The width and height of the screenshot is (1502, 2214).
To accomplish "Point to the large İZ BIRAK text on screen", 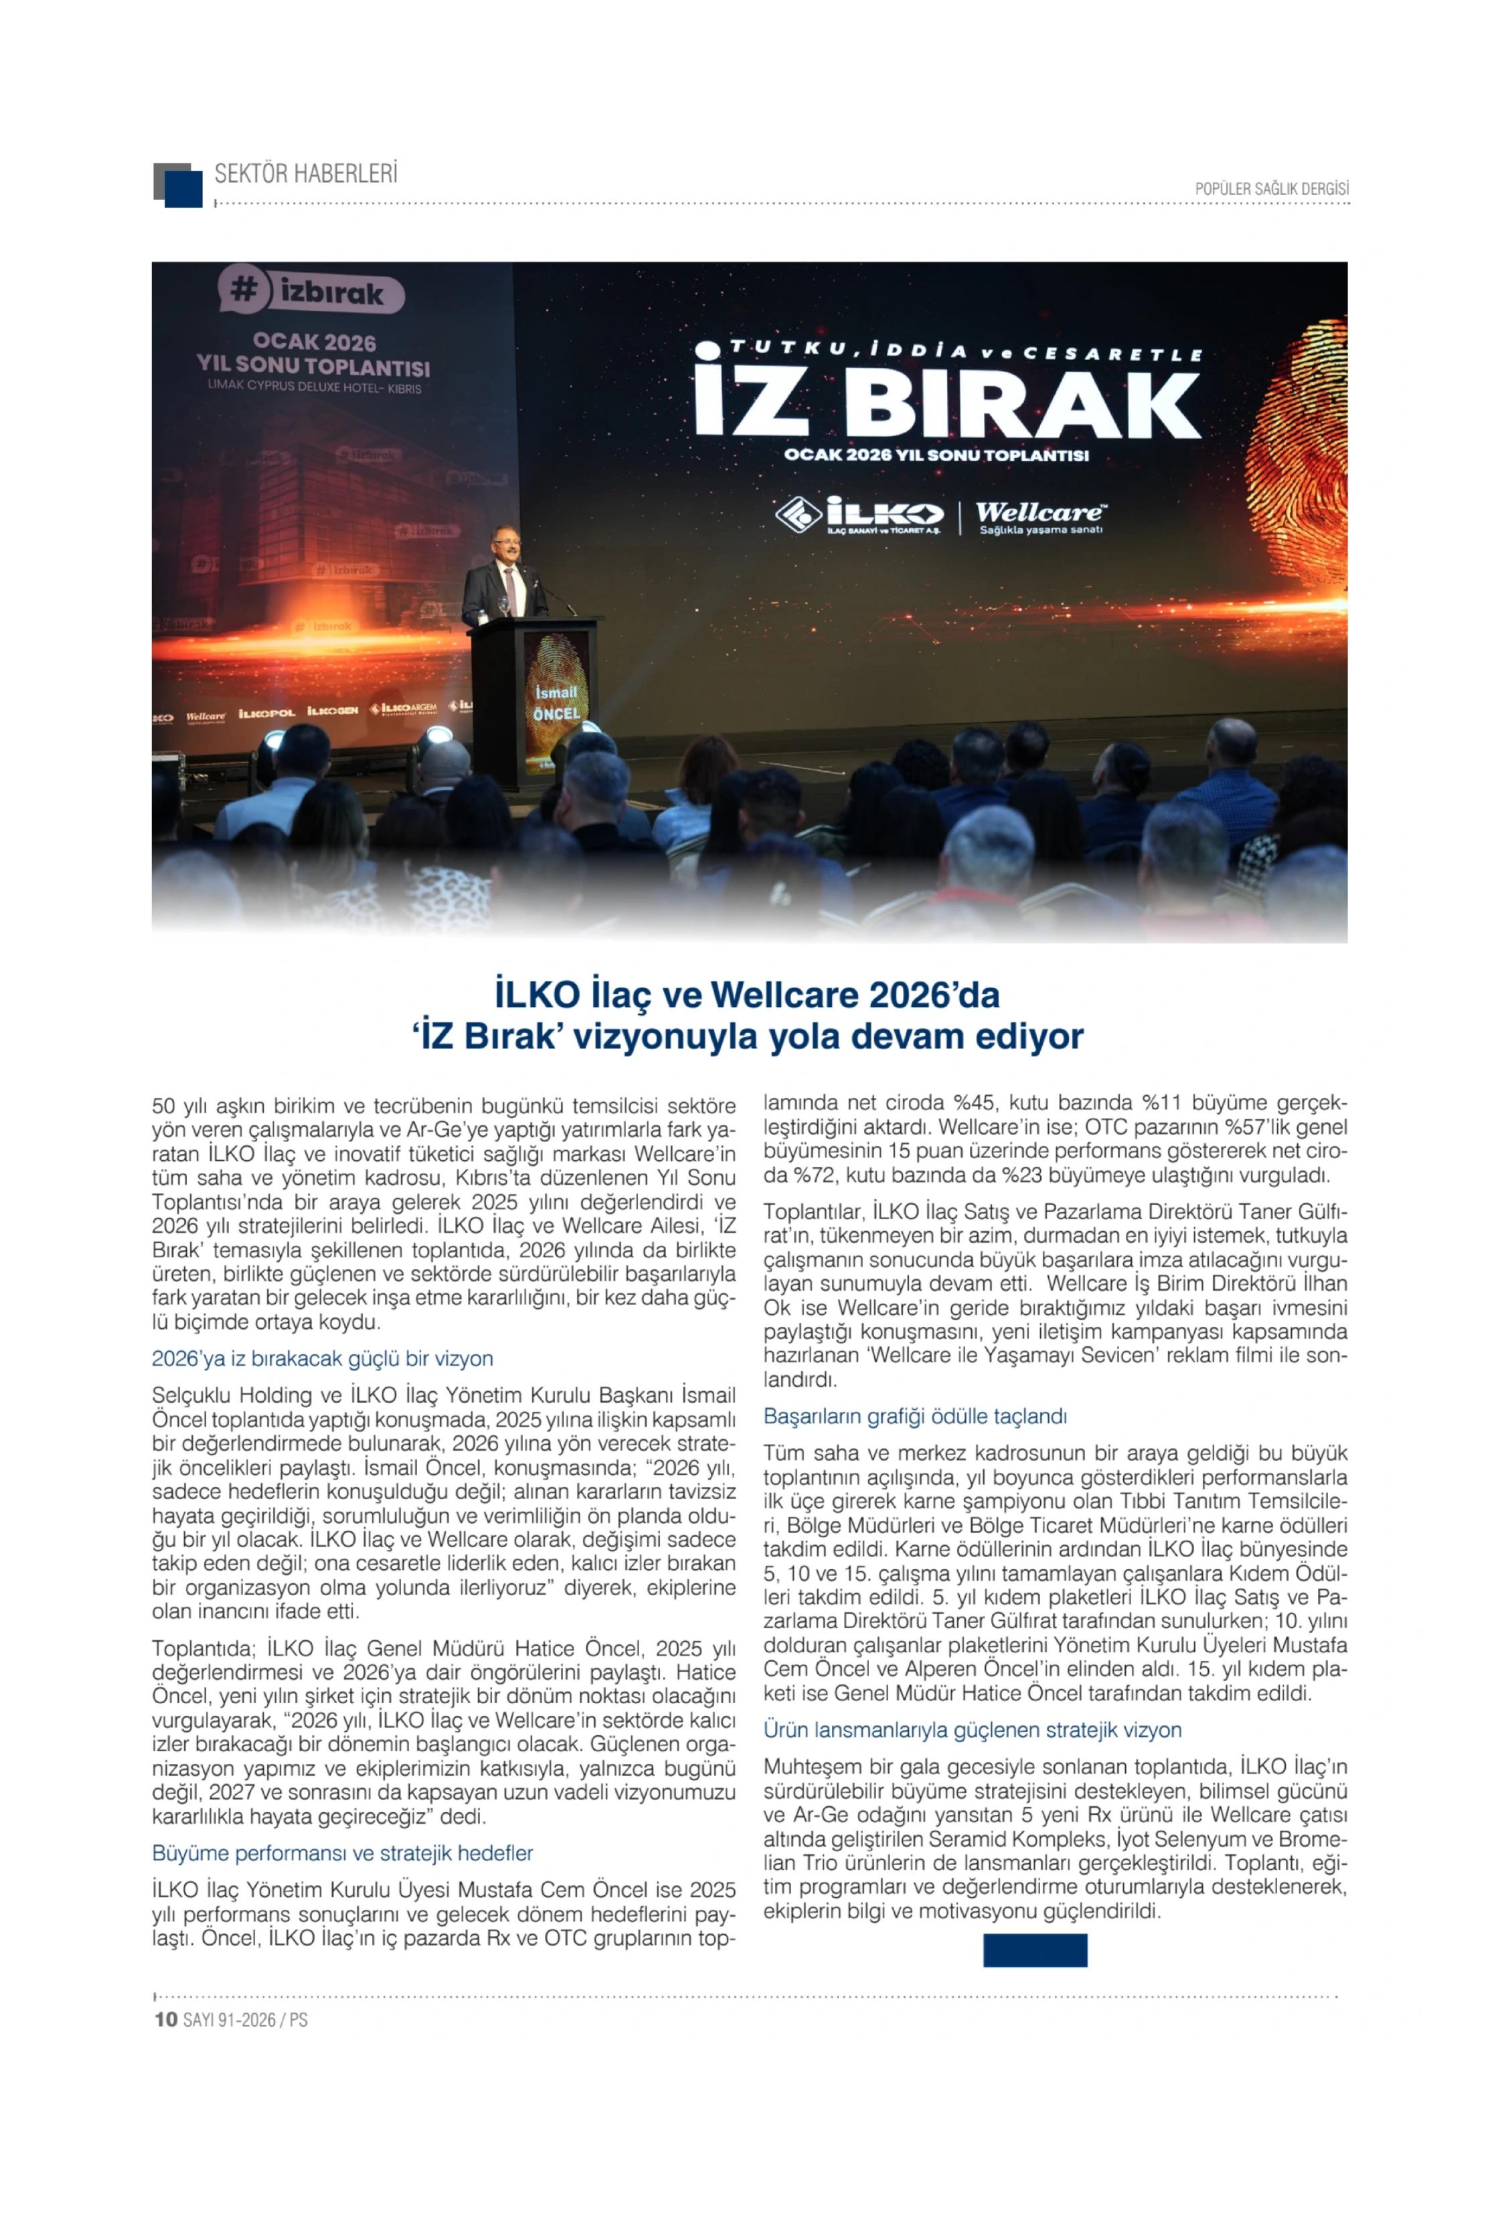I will pos(948,402).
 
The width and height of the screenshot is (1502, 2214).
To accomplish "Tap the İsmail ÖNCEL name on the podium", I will pos(556,702).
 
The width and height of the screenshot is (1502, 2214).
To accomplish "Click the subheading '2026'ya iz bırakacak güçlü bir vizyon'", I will pos(322,1358).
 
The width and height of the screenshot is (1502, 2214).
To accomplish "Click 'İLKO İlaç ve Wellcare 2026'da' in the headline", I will pos(747,995).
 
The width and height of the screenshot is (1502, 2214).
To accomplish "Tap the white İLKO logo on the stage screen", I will pos(860,516).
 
